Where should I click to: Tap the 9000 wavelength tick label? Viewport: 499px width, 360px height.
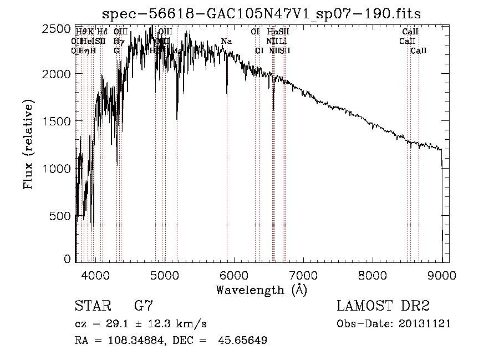pyautogui.click(x=442, y=275)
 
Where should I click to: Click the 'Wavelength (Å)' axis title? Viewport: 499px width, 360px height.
pyautogui.click(x=261, y=289)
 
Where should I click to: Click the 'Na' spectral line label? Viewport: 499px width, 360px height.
pyautogui.click(x=226, y=42)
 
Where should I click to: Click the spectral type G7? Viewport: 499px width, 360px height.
pyautogui.click(x=144, y=306)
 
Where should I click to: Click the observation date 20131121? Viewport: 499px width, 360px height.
pyautogui.click(x=425, y=323)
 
